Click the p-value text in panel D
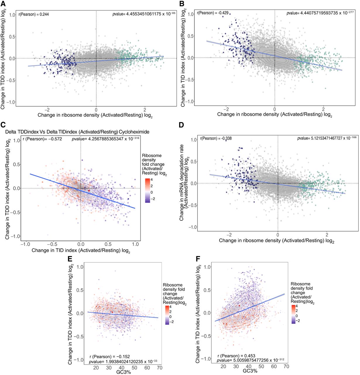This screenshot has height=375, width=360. click(327, 138)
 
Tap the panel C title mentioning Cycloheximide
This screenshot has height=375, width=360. click(77, 132)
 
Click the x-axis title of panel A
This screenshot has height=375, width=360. click(95, 115)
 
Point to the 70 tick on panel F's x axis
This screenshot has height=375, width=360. click(286, 366)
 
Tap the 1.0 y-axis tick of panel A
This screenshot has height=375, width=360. click(12, 15)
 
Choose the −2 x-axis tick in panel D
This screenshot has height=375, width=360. click(229, 235)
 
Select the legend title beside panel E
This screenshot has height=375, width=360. click(174, 294)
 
